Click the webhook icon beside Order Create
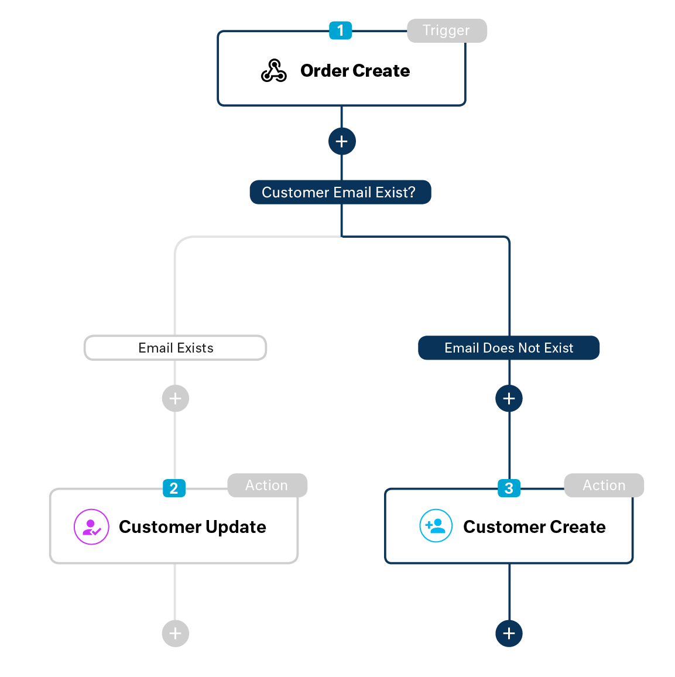[x=273, y=71]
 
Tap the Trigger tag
[x=446, y=30]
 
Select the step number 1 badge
[x=340, y=30]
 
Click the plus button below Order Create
[x=342, y=141]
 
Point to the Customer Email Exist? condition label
[x=340, y=192]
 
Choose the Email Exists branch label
[x=176, y=348]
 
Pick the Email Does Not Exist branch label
[x=509, y=348]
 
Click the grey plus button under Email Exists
[x=175, y=399]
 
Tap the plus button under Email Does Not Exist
[x=509, y=399]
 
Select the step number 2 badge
[x=174, y=488]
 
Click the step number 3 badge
[x=509, y=488]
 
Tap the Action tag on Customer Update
[x=266, y=485]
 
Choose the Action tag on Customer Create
[x=604, y=485]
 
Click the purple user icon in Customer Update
[x=91, y=527]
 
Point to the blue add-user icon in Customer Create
[x=436, y=526]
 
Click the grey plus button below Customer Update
[x=175, y=633]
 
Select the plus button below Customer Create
[x=509, y=633]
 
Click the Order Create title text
[x=355, y=71]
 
